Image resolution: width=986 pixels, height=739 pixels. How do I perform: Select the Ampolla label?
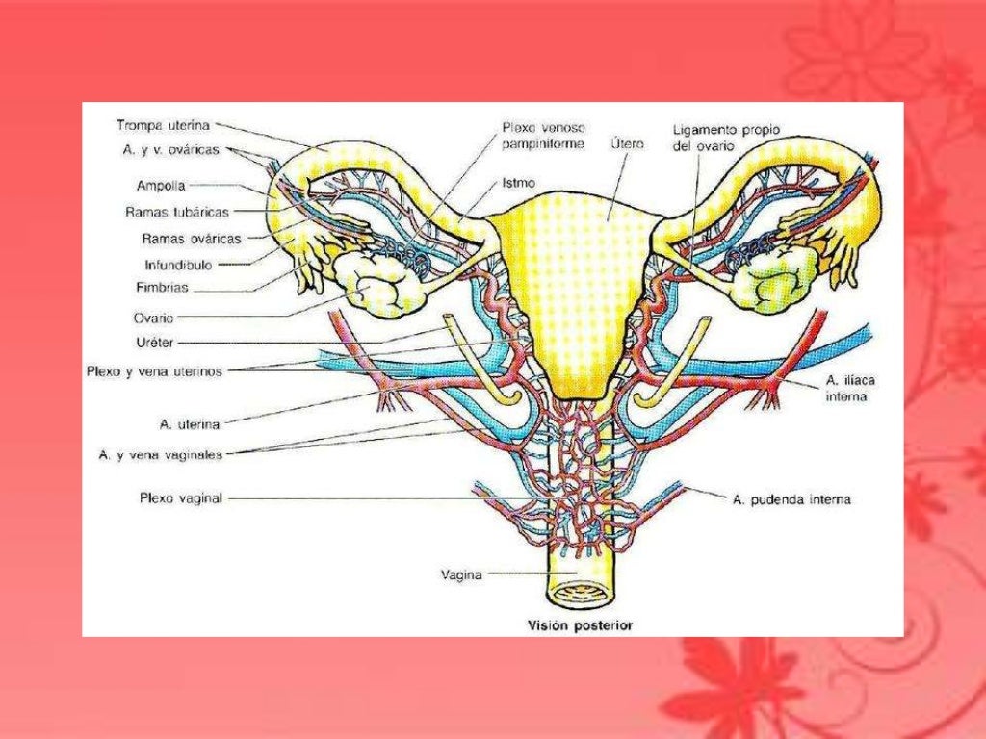point(161,186)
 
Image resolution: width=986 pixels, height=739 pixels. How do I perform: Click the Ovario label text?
point(154,317)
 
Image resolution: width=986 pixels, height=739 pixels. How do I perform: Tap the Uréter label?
point(154,342)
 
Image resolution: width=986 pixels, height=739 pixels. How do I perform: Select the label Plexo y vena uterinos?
point(167,370)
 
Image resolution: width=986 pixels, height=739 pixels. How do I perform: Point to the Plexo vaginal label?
point(181,498)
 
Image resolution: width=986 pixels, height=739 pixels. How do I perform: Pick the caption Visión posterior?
point(579,624)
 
